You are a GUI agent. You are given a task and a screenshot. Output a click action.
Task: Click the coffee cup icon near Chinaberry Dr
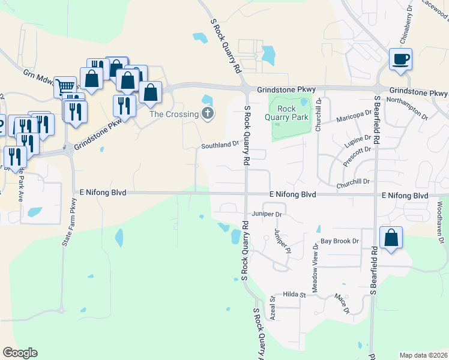pos(400,59)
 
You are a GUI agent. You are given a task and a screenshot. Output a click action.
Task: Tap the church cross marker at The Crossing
pos(208,113)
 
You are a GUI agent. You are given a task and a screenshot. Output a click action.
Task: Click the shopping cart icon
pos(65,86)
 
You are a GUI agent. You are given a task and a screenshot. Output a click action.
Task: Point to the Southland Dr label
pos(220,145)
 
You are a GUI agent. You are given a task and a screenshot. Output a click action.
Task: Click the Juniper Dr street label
pos(267,214)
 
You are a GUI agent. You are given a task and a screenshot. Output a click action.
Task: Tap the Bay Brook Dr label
pos(339,241)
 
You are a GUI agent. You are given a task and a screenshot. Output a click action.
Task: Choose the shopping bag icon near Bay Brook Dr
pos(391,237)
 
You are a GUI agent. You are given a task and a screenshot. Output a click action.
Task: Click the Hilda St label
pos(295,295)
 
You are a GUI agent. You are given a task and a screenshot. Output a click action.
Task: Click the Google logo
pos(20,353)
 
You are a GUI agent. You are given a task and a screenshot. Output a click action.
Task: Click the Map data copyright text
pos(424,355)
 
